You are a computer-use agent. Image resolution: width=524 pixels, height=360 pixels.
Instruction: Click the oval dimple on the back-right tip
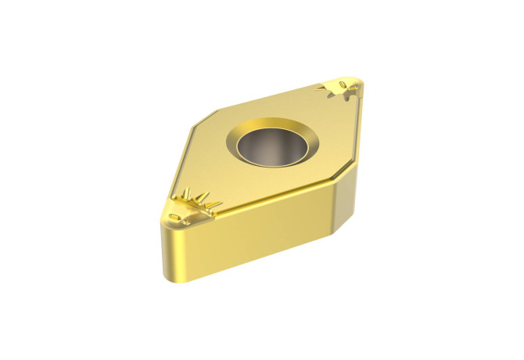click(346, 83)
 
